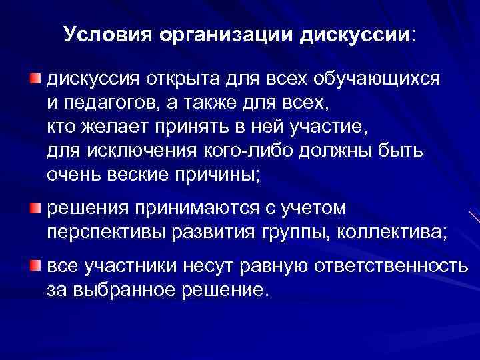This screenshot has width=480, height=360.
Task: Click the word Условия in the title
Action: (108, 34)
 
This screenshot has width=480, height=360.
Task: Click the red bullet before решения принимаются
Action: (35, 209)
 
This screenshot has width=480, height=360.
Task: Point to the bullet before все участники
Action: (35, 267)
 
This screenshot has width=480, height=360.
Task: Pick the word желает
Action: (116, 127)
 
